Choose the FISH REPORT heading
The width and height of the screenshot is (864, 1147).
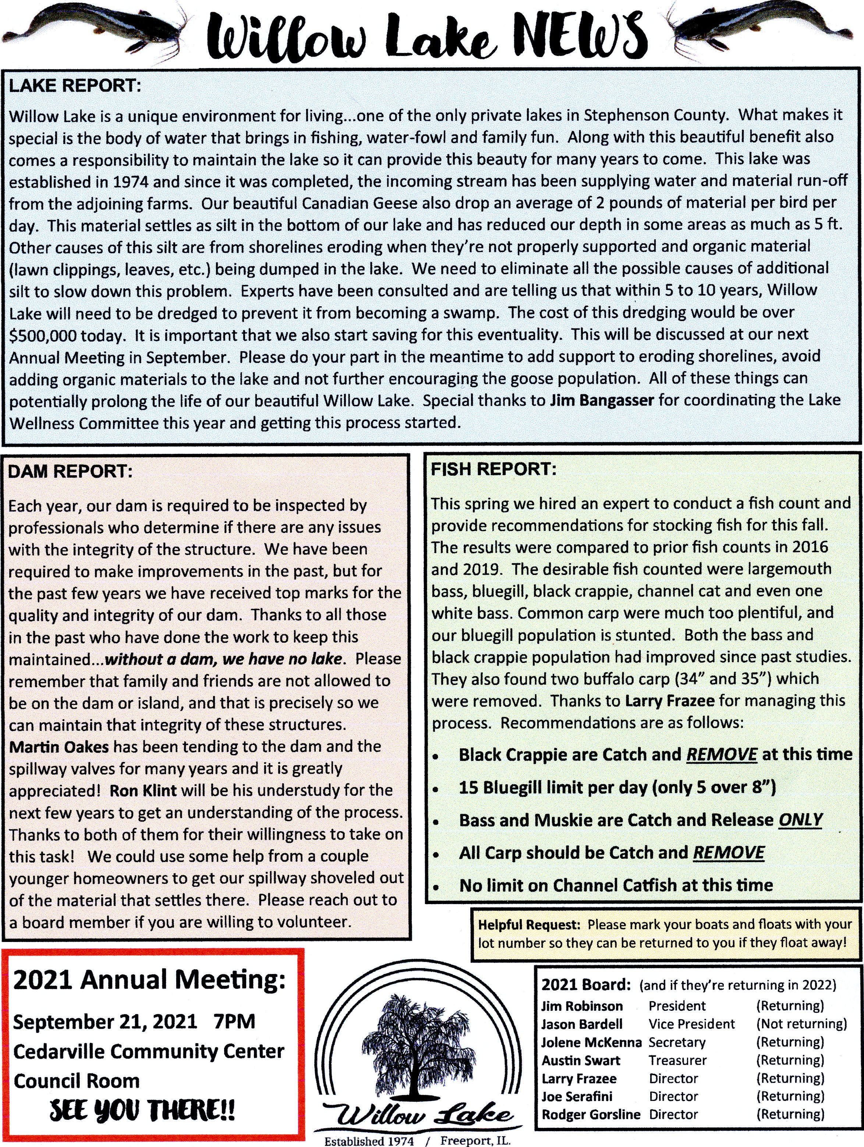point(493,469)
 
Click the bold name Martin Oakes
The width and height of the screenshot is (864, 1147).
point(59,747)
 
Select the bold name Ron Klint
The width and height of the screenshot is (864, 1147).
point(143,791)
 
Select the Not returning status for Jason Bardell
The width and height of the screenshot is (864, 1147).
point(801,1024)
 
